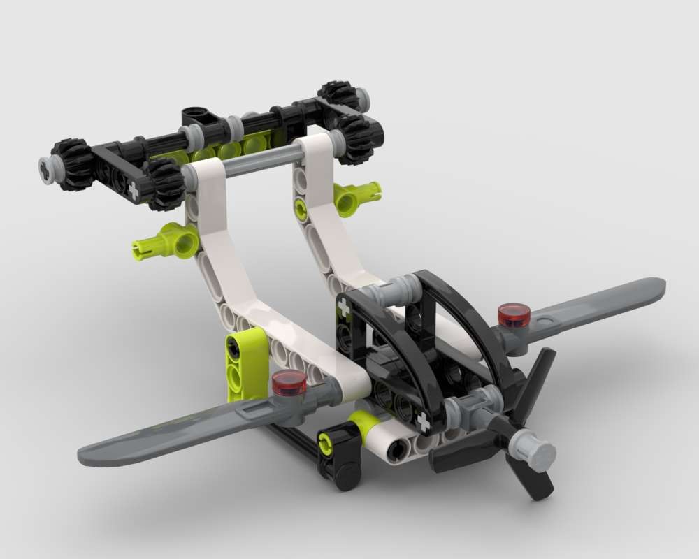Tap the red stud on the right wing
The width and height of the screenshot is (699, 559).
514,315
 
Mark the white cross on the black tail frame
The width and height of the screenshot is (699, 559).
134,191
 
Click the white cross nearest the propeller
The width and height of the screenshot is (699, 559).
422,422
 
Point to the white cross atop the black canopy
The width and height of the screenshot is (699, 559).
344,307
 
